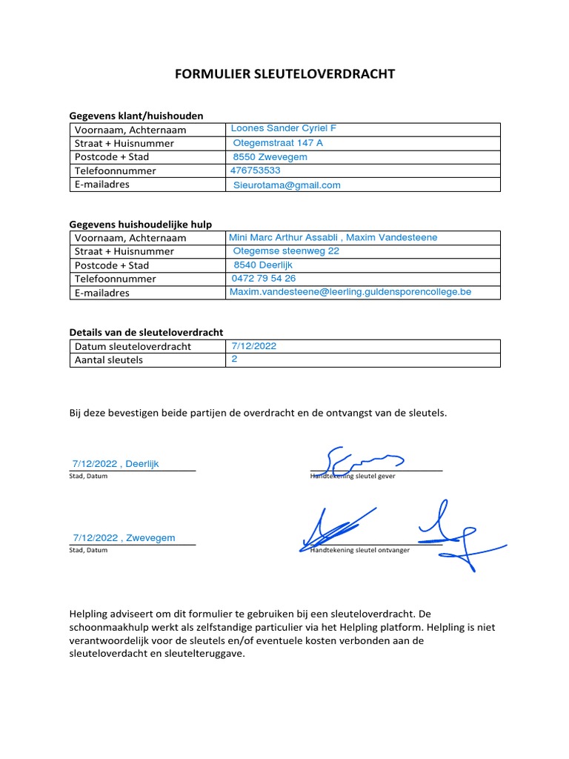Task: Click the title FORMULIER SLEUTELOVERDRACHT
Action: coord(284,74)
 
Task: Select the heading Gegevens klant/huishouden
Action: coord(136,116)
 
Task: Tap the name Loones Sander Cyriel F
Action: coord(284,128)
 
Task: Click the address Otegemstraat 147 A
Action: coord(278,142)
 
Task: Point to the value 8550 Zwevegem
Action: coord(270,157)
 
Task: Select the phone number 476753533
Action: coord(256,170)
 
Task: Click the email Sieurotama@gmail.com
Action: coord(287,185)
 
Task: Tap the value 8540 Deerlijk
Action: coord(263,265)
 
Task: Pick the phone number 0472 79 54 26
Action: coord(264,278)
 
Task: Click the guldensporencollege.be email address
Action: coord(350,292)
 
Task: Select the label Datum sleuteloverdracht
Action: coord(133,346)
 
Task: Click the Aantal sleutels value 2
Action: coord(234,359)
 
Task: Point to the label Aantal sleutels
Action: coord(109,360)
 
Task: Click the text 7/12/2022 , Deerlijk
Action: coord(116,464)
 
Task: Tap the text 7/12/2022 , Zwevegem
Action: coord(124,537)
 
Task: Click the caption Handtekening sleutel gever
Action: coord(353,476)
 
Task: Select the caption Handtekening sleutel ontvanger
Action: coord(360,550)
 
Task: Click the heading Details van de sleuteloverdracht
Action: coord(146,332)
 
